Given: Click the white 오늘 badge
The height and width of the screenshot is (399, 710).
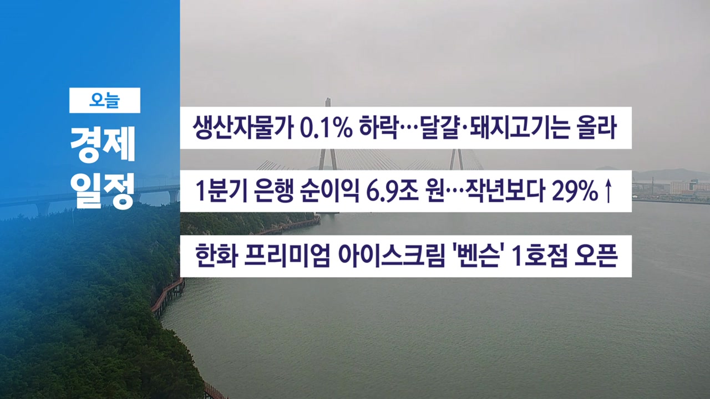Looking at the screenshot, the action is click(x=105, y=100).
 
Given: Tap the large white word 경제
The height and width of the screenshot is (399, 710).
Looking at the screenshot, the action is click(x=103, y=145).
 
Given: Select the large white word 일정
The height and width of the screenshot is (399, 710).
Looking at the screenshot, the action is click(x=103, y=191).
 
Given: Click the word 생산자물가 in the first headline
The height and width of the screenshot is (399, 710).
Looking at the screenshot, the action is click(x=243, y=128).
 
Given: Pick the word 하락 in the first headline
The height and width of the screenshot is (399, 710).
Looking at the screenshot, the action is click(x=379, y=128).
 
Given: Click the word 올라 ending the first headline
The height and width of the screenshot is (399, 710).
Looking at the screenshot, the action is click(x=597, y=128).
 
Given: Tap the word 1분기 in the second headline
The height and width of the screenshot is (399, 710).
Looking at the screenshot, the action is click(x=221, y=191).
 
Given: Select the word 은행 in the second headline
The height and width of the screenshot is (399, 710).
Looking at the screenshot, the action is click(x=273, y=191).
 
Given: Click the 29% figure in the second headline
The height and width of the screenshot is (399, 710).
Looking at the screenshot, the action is click(x=575, y=192).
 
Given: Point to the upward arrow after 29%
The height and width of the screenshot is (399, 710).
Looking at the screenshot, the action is click(x=608, y=191).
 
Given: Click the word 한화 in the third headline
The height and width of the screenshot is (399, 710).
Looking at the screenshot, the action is click(x=217, y=256).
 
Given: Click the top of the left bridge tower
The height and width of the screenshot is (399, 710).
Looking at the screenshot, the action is click(x=328, y=99).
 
